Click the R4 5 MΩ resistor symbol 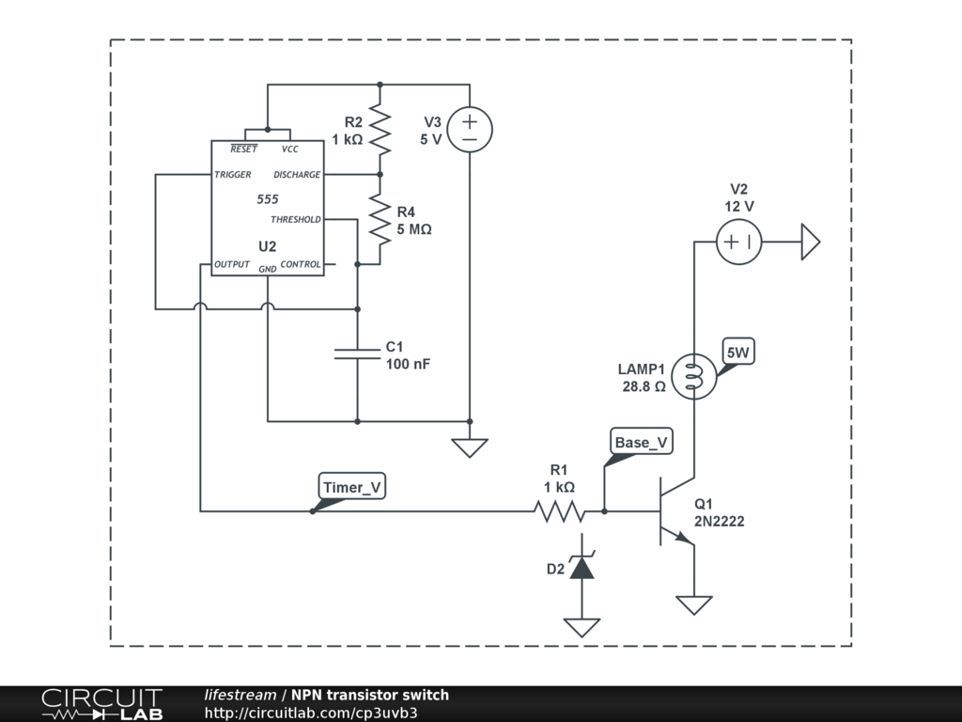click(380, 220)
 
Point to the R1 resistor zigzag click(559, 510)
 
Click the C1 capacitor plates click(357, 353)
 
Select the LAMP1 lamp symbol click(694, 376)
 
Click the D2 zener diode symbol click(582, 566)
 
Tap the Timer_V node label click(352, 487)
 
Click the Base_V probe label click(641, 442)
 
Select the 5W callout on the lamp click(738, 353)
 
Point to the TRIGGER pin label click(233, 174)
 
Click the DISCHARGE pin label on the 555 click(297, 174)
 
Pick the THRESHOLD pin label click(296, 219)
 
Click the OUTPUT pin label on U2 click(232, 264)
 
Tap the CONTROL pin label click(301, 264)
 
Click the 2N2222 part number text click(719, 521)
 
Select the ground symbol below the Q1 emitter click(694, 604)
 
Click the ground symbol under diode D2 click(582, 627)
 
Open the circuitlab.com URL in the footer click(311, 713)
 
